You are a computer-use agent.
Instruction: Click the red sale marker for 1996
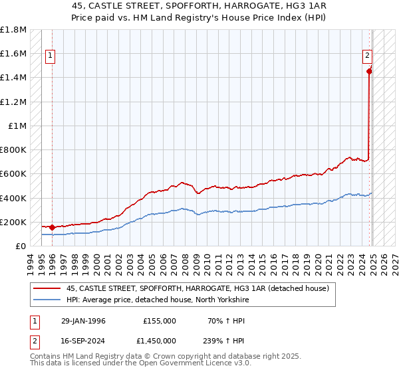52,227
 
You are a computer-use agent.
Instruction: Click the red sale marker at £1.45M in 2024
369,72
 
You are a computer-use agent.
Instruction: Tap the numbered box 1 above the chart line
51,56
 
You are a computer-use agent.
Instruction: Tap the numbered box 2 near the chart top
367,56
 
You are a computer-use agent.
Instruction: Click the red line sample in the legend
46,288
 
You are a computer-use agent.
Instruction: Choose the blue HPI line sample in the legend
46,300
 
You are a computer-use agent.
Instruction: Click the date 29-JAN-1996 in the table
83,321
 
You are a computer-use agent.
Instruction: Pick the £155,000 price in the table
160,321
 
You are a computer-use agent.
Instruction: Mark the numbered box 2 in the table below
34,340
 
